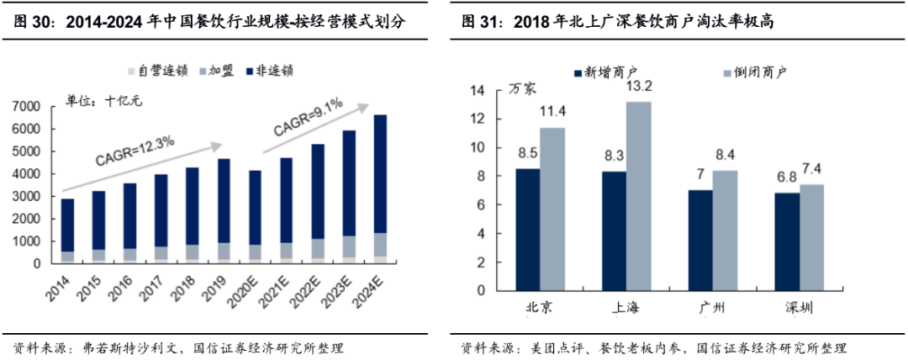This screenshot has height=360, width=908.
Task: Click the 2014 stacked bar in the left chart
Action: (67, 231)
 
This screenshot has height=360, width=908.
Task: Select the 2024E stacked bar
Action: (380, 189)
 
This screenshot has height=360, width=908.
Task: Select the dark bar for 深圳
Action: (787, 241)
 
